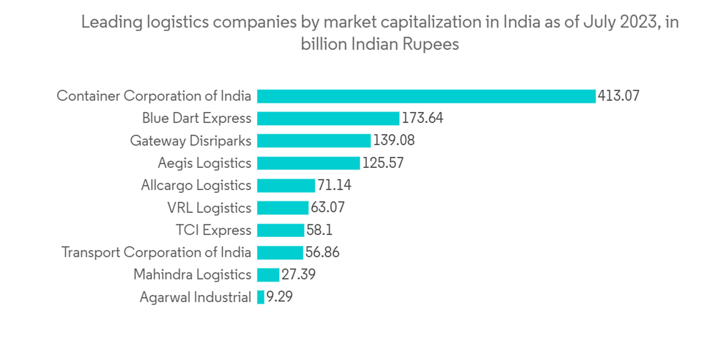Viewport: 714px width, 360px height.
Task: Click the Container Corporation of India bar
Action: pyautogui.click(x=426, y=96)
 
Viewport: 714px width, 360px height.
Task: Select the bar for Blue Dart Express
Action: pyautogui.click(x=328, y=118)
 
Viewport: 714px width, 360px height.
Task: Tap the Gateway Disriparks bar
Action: pyautogui.click(x=313, y=141)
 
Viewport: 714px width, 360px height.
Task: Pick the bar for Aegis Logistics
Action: pyautogui.click(x=308, y=163)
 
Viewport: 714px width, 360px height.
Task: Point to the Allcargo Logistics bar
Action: pyautogui.click(x=286, y=186)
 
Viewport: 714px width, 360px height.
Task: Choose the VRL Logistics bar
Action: pyautogui.click(x=283, y=208)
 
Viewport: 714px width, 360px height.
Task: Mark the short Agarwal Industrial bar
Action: pyautogui.click(x=261, y=297)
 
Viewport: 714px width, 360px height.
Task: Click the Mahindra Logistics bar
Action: pyautogui.click(x=268, y=275)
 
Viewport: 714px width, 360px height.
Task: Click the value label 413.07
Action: pyautogui.click(x=618, y=96)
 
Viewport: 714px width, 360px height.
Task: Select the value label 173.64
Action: pyautogui.click(x=423, y=118)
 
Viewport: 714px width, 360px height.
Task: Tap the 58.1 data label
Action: pyautogui.click(x=319, y=230)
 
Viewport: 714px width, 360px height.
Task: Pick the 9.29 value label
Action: pyautogui.click(x=279, y=297)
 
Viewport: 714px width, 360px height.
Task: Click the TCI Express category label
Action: pyautogui.click(x=213, y=230)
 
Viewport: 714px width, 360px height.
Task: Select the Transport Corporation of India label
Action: pyautogui.click(x=156, y=252)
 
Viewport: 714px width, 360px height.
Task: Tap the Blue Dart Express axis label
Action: pyautogui.click(x=196, y=118)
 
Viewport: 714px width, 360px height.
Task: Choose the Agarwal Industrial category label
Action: pyautogui.click(x=196, y=297)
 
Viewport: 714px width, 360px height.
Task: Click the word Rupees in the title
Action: pyautogui.click(x=427, y=44)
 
